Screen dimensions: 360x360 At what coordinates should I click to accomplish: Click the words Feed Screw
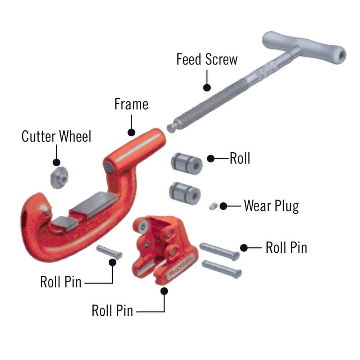pyautogui.click(x=207, y=59)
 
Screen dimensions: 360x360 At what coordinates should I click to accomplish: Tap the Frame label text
pyautogui.click(x=131, y=104)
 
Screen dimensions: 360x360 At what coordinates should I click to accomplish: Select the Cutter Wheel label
pyautogui.click(x=57, y=137)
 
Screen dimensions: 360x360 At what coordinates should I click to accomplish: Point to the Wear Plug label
pyautogui.click(x=271, y=206)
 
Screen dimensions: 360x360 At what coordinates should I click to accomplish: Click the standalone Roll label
pyautogui.click(x=240, y=158)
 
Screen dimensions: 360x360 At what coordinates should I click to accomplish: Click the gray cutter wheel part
pyautogui.click(x=58, y=177)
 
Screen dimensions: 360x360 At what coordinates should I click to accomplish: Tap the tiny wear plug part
pyautogui.click(x=212, y=206)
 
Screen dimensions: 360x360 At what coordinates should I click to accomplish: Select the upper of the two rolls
pyautogui.click(x=186, y=162)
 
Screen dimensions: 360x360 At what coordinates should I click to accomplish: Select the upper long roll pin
pyautogui.click(x=219, y=251)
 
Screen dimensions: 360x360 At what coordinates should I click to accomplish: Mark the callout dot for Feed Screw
pyautogui.click(x=207, y=87)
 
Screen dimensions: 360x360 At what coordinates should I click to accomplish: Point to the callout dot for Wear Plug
pyautogui.click(x=223, y=206)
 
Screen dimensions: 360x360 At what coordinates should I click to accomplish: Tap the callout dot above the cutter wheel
pyautogui.click(x=57, y=162)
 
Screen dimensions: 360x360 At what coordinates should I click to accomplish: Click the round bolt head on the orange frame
pyautogui.click(x=109, y=166)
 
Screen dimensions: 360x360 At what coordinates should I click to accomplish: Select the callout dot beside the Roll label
pyautogui.click(x=211, y=158)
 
